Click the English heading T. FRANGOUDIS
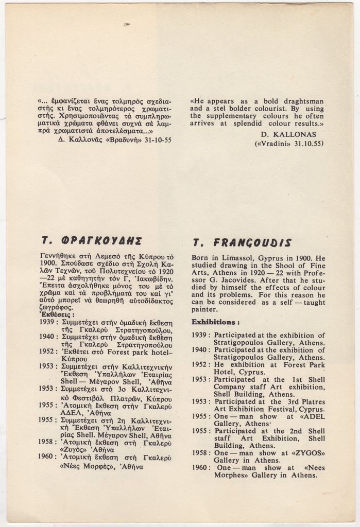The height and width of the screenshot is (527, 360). pos(242,242)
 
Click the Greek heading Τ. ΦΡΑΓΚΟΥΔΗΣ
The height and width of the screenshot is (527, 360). pos(92,241)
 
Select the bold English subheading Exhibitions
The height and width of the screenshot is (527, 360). pos(215,322)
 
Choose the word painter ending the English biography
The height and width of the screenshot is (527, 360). pos(204,309)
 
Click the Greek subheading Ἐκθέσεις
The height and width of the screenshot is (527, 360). pos(57,314)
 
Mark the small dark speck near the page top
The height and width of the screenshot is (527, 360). pos(127,24)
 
